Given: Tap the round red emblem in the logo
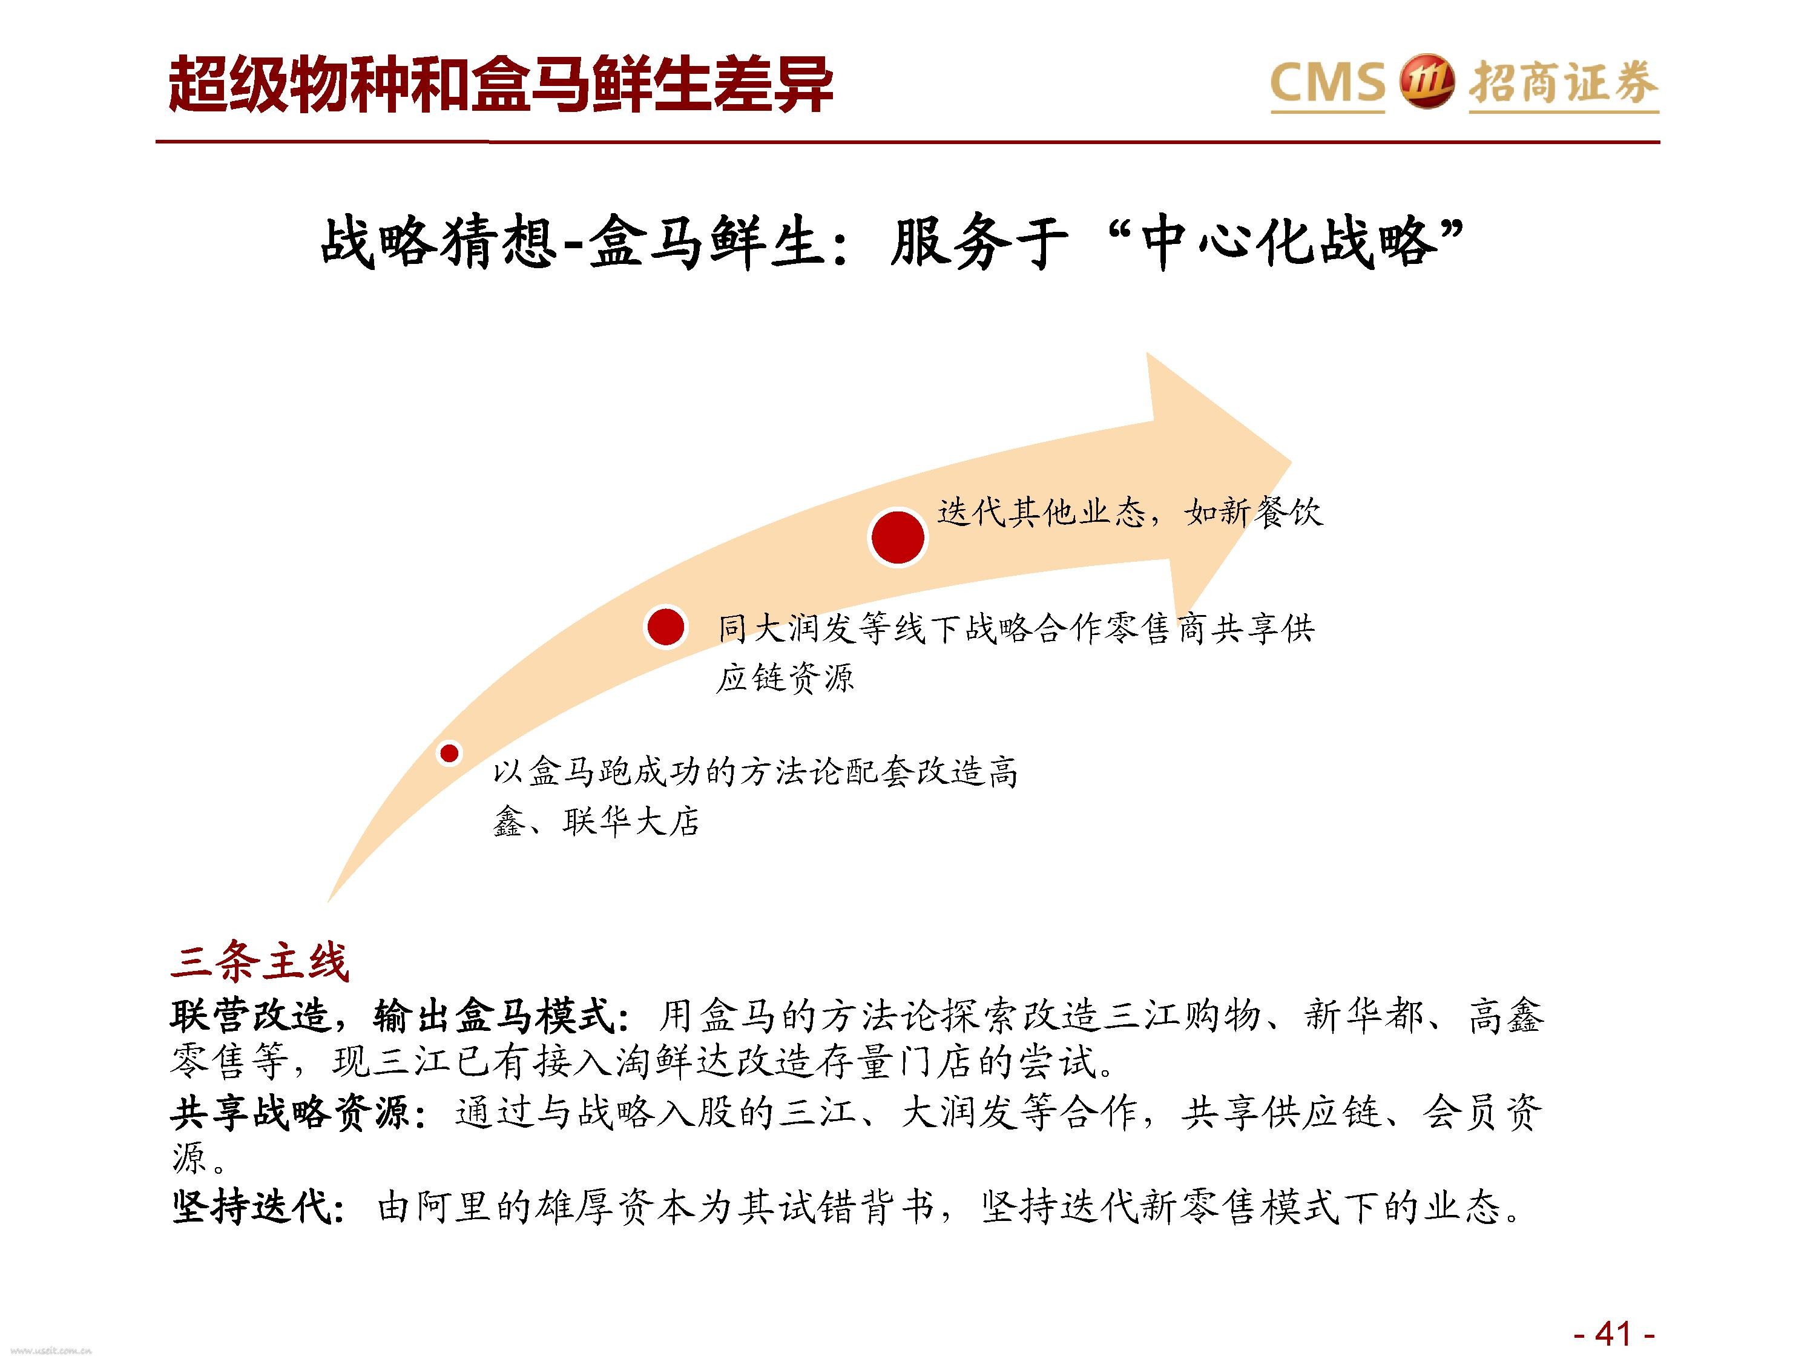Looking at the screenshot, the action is pos(1426,82).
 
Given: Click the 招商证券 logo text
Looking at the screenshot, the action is pos(1563,84).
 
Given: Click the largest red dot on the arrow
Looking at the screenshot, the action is pos(898,538).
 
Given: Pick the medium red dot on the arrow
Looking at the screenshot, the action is pos(666,628).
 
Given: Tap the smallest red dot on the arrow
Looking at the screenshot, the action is pos(449,753).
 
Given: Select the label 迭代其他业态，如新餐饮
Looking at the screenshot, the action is pos(1130,513).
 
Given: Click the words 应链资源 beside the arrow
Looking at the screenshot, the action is pos(785,678).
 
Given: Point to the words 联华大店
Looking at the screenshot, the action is pos(631,821).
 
